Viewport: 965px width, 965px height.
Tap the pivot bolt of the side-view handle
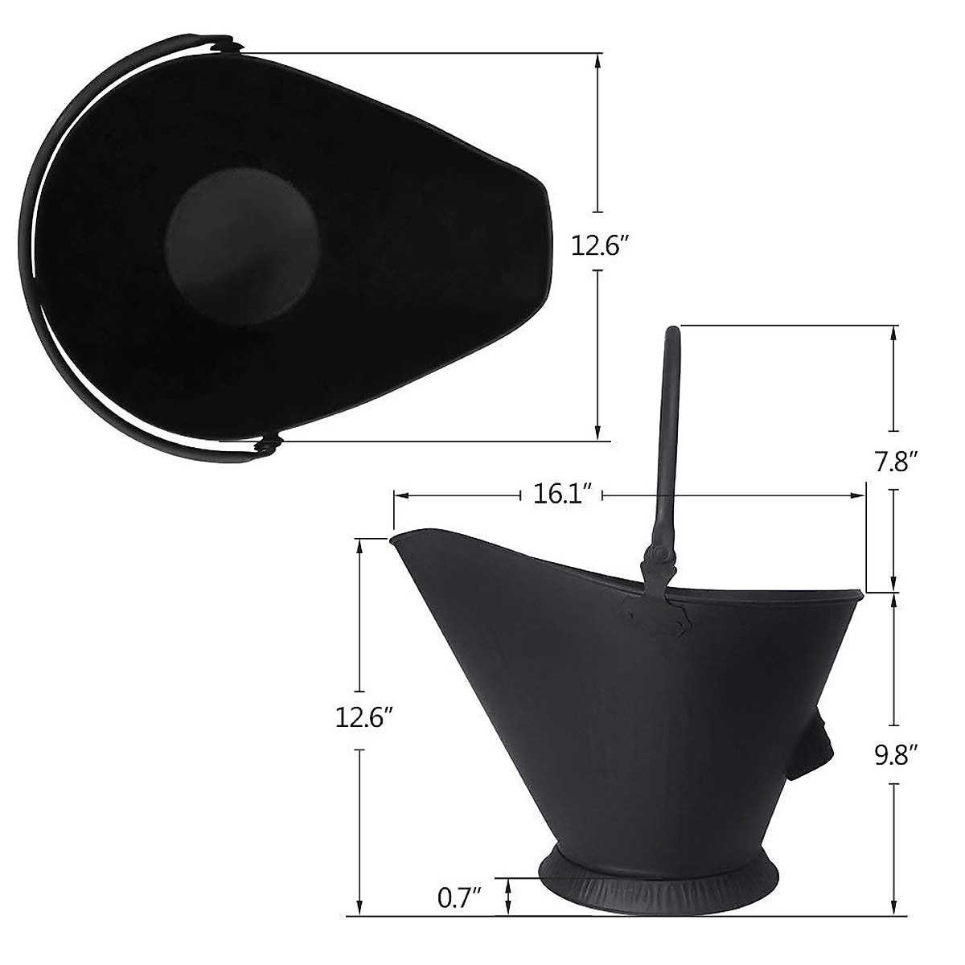(658, 555)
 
